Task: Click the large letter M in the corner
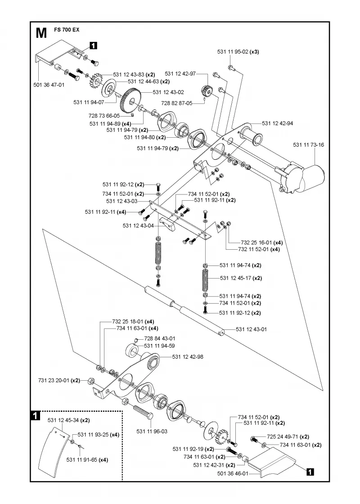pyautogui.click(x=41, y=33)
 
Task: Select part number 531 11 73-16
pyautogui.click(x=308, y=144)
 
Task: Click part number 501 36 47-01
pyautogui.click(x=49, y=85)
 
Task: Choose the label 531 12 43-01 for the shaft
pyautogui.click(x=251, y=329)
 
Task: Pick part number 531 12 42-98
pyautogui.click(x=188, y=357)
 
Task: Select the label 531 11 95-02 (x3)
pyautogui.click(x=238, y=51)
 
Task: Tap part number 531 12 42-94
pyautogui.click(x=277, y=123)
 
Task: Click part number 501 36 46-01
pyautogui.click(x=233, y=473)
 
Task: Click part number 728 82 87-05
pyautogui.click(x=177, y=103)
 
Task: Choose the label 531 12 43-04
pyautogui.click(x=138, y=225)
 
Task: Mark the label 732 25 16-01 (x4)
pyautogui.click(x=261, y=243)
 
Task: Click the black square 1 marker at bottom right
pyautogui.click(x=310, y=472)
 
